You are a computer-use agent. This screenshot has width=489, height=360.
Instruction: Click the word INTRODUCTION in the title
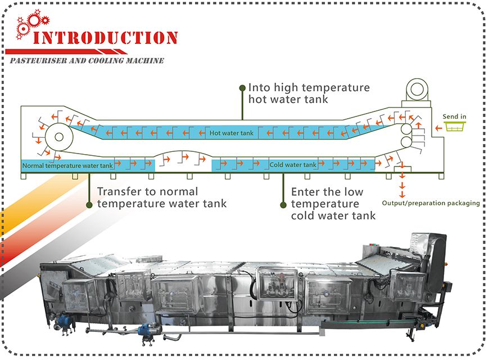tap(106, 38)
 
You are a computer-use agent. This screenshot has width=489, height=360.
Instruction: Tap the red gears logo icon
tap(29, 25)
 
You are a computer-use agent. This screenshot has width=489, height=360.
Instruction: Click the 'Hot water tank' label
tap(232, 133)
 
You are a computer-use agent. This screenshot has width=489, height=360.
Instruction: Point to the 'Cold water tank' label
tap(293, 165)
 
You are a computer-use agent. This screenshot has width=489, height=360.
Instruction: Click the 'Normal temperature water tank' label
tap(68, 165)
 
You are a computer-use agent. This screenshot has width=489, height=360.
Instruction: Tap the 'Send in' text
tap(454, 117)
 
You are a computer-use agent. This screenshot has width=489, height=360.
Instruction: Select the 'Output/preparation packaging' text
tap(431, 202)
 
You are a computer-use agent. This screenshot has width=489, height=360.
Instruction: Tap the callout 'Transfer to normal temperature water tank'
tap(162, 197)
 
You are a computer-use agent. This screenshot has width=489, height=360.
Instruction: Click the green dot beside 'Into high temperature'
tap(242, 88)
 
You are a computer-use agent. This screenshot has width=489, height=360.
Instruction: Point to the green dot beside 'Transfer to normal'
tap(89, 205)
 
